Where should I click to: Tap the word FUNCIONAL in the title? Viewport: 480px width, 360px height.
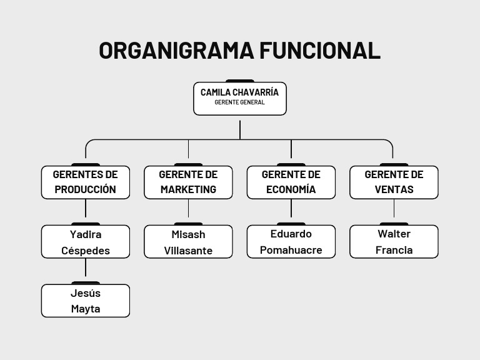point(320,51)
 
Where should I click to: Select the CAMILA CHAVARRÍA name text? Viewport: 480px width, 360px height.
point(239,92)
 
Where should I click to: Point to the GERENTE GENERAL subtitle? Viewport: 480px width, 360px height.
point(239,102)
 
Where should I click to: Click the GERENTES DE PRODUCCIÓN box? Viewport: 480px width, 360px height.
point(86,182)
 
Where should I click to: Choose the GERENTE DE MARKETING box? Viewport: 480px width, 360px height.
point(188,182)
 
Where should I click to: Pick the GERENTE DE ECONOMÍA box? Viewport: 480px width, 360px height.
point(291,182)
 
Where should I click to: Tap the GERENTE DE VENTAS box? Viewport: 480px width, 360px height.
point(394,182)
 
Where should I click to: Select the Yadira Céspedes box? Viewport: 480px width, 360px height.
point(86,242)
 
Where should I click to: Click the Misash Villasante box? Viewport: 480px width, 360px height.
point(188,242)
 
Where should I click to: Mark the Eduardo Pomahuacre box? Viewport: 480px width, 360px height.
point(291,242)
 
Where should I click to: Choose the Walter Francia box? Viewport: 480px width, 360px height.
point(394,242)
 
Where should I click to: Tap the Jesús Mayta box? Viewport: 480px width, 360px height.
point(86,301)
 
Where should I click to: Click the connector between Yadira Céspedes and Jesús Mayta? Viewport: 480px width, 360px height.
point(86,269)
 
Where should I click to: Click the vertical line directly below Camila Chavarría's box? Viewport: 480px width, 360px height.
point(240,128)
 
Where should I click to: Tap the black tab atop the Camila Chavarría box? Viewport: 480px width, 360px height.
point(240,81)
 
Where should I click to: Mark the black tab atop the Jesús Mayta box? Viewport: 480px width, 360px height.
point(86,283)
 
